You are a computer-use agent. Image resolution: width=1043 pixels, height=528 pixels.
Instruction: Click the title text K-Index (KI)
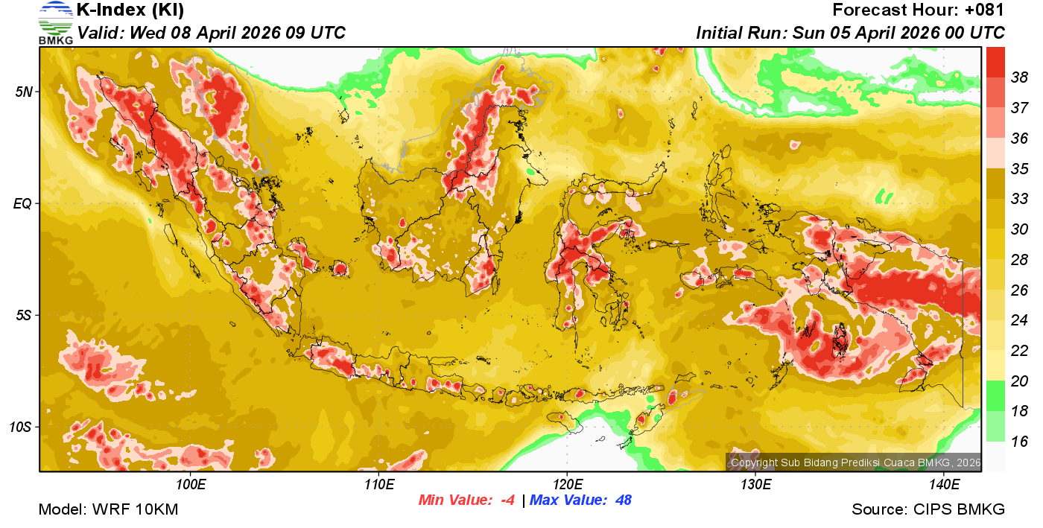click(x=130, y=10)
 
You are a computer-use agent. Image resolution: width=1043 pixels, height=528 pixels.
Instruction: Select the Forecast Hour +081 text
click(x=919, y=10)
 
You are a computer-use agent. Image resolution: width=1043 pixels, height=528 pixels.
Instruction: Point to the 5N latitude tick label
click(x=23, y=92)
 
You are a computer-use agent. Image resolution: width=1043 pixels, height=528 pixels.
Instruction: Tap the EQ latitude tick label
click(x=22, y=203)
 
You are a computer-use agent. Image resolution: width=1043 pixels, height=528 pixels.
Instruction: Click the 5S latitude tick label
click(x=23, y=315)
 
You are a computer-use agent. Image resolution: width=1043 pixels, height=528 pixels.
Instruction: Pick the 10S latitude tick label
click(x=20, y=427)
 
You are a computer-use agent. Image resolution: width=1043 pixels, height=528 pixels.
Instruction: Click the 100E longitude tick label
click(x=191, y=485)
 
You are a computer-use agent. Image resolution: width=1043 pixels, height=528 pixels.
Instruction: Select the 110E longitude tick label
click(x=378, y=485)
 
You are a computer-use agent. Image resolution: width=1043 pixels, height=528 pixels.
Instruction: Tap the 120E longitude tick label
click(x=567, y=485)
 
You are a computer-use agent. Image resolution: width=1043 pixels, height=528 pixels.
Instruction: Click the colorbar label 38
click(x=1019, y=77)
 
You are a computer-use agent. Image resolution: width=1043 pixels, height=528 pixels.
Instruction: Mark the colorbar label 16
click(x=1019, y=442)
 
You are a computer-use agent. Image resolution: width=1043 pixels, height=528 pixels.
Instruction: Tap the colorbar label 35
click(x=1019, y=168)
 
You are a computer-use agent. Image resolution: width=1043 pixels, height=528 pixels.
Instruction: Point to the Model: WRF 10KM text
click(x=108, y=509)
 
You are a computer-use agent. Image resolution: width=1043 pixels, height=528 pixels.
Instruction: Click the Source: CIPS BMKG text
click(x=928, y=509)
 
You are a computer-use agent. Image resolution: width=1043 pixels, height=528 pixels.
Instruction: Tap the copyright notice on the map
click(x=855, y=462)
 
